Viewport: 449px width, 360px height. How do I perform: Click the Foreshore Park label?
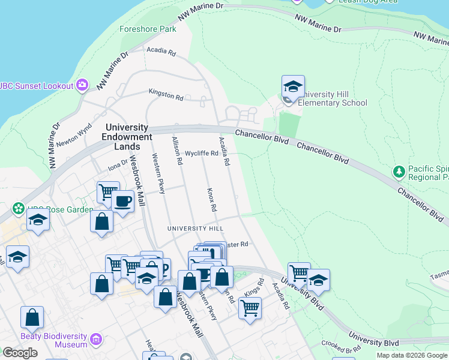(x=148, y=29)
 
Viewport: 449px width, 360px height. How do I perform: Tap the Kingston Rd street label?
(x=166, y=94)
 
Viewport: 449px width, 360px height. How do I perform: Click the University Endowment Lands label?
(x=127, y=137)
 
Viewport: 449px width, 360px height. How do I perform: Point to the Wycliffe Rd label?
(x=201, y=153)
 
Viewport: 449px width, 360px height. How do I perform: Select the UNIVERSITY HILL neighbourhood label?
(x=195, y=229)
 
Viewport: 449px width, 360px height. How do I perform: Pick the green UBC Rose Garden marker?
(x=19, y=210)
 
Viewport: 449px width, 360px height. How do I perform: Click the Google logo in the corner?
(x=20, y=353)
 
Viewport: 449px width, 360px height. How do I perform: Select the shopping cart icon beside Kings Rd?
(x=250, y=308)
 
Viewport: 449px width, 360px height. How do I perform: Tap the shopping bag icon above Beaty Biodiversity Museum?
(x=32, y=317)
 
